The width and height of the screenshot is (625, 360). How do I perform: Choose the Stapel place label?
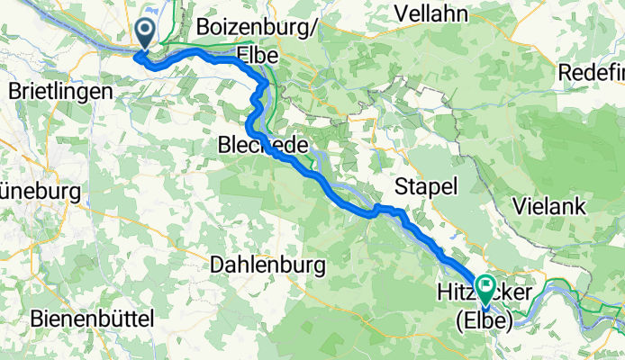click(427, 186)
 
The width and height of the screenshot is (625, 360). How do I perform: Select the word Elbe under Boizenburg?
click(256, 54)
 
